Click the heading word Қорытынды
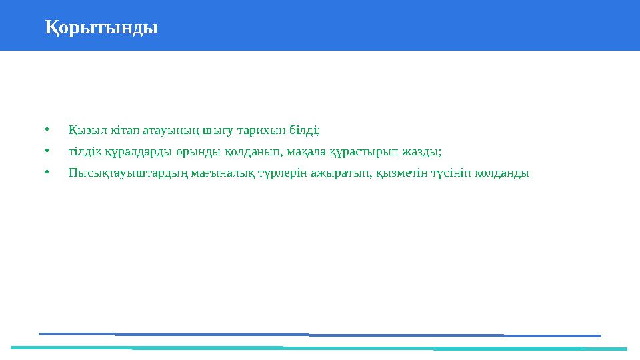pos(101,28)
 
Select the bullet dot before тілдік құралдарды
pos(47,151)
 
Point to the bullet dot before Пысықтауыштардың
pos(47,173)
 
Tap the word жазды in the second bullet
pos(426,151)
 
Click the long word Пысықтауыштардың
pos(123,173)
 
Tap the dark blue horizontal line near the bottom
pos(320,335)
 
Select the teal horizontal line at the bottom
pos(320,348)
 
